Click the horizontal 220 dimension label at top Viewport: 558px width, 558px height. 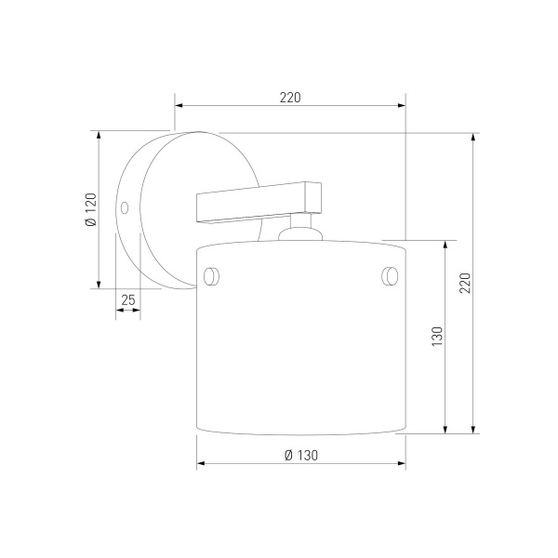coord(290,98)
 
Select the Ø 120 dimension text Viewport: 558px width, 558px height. coord(91,209)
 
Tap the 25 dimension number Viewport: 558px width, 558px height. coord(128,300)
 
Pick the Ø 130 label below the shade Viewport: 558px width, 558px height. coord(301,455)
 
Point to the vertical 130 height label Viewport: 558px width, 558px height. coord(437,337)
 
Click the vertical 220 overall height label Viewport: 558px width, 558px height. coord(465,283)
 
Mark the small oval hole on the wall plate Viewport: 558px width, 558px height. coord(125,207)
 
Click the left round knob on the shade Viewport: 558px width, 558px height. coord(211,276)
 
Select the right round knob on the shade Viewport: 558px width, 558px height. coord(390,276)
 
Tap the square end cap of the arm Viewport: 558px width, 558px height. coord(313,197)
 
